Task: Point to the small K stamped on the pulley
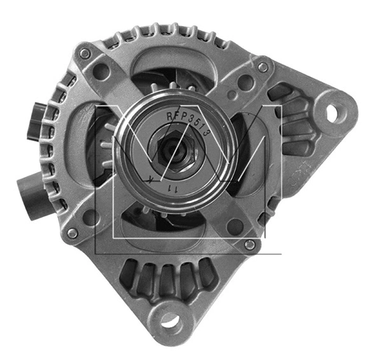[150, 180]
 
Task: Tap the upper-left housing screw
[85, 55]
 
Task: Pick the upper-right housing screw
[262, 67]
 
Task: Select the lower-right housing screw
[250, 244]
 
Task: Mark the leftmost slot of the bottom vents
[129, 273]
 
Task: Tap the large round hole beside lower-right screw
[235, 226]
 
